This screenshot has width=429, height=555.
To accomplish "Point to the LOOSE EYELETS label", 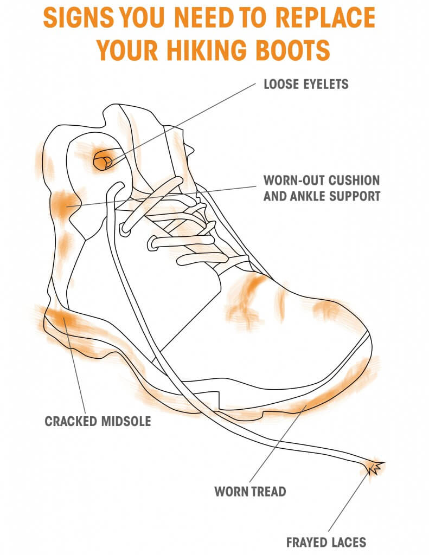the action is tap(306, 84).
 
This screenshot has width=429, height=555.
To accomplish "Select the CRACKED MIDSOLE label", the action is tap(98, 421).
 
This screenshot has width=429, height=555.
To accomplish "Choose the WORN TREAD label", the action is tap(250, 491).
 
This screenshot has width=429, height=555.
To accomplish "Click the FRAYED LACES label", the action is tap(326, 542).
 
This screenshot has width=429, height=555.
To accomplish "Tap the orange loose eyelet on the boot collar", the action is tap(103, 162).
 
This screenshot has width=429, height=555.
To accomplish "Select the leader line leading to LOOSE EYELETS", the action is tap(181, 124).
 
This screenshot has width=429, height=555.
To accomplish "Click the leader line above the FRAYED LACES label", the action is tap(348, 501).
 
